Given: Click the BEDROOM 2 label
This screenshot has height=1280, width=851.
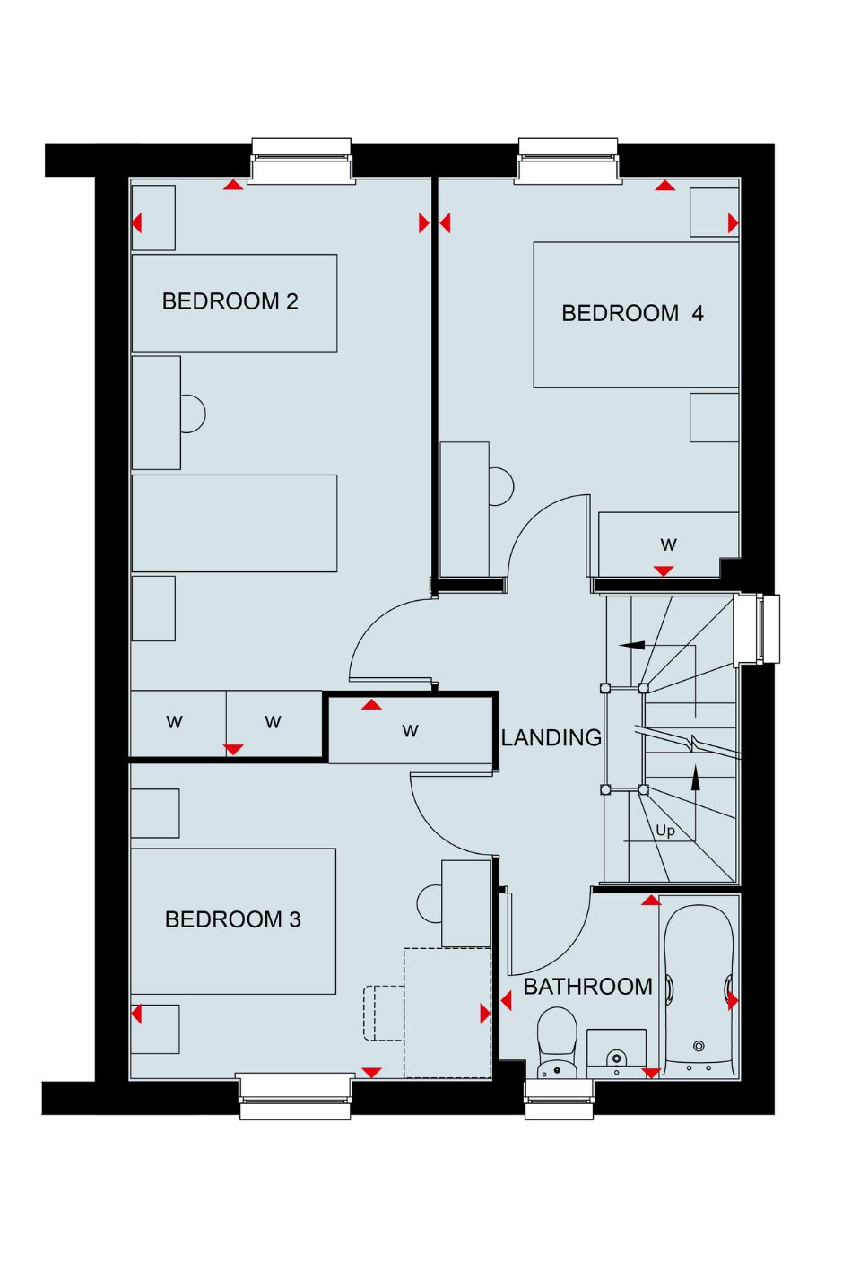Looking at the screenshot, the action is pyautogui.click(x=230, y=301).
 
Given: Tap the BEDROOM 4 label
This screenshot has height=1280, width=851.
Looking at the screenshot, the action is pyautogui.click(x=632, y=313).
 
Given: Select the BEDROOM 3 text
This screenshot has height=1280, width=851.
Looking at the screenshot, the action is pyautogui.click(x=232, y=919).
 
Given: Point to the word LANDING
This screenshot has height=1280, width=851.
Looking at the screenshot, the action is pyautogui.click(x=551, y=737).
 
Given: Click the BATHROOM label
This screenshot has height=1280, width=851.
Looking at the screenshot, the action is pyautogui.click(x=587, y=987).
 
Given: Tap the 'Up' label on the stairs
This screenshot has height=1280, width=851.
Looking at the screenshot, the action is pyautogui.click(x=664, y=831).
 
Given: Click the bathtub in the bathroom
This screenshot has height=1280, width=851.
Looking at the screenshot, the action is pyautogui.click(x=699, y=989).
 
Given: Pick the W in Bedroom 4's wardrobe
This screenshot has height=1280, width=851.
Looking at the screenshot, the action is pyautogui.click(x=668, y=544).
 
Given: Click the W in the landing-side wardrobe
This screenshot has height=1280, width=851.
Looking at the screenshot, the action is pyautogui.click(x=410, y=730).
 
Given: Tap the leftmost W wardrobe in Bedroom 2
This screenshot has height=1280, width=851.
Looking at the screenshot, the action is pyautogui.click(x=174, y=722).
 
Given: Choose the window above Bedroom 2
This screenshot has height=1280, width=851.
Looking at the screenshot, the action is pyautogui.click(x=301, y=161).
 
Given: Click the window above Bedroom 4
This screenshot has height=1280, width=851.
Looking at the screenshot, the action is pyautogui.click(x=569, y=161).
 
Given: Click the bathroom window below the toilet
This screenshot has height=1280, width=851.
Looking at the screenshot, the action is pyautogui.click(x=560, y=1098).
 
